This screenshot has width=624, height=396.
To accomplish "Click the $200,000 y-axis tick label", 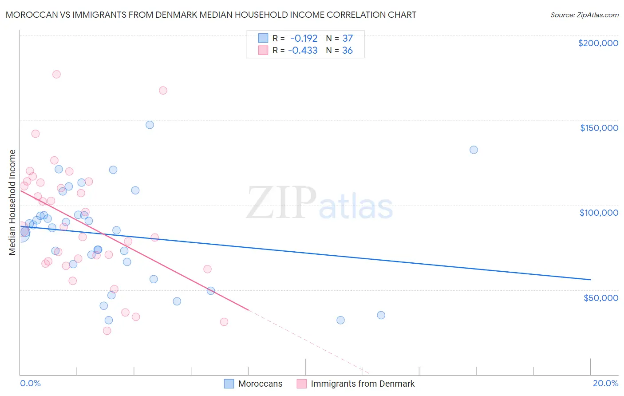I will [598, 43].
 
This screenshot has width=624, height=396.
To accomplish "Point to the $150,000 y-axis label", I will [599, 128].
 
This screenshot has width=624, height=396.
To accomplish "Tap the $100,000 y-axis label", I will [599, 213].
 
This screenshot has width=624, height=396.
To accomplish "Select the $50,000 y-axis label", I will [600, 297].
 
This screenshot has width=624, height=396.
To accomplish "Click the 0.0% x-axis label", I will [30, 383].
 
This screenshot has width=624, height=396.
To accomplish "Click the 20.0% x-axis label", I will [605, 383].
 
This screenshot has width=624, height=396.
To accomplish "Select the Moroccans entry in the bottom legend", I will [260, 384].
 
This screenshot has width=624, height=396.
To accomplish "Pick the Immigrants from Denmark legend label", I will [363, 384].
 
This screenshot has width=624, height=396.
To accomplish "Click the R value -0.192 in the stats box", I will [304, 38].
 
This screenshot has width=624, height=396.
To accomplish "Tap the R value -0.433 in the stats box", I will [303, 51].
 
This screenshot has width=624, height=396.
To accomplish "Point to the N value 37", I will [348, 38].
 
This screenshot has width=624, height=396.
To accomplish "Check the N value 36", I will [348, 51].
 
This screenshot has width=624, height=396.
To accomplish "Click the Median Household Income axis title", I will [12, 202].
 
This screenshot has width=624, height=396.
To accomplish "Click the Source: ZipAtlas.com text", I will [584, 15].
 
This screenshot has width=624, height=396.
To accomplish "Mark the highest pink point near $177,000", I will [56, 74].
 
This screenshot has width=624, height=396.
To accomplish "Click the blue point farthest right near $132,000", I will [474, 150].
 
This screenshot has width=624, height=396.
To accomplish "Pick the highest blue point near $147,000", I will [150, 125].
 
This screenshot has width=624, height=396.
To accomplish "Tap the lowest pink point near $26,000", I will [107, 331].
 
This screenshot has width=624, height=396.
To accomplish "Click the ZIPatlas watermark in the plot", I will [320, 204].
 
